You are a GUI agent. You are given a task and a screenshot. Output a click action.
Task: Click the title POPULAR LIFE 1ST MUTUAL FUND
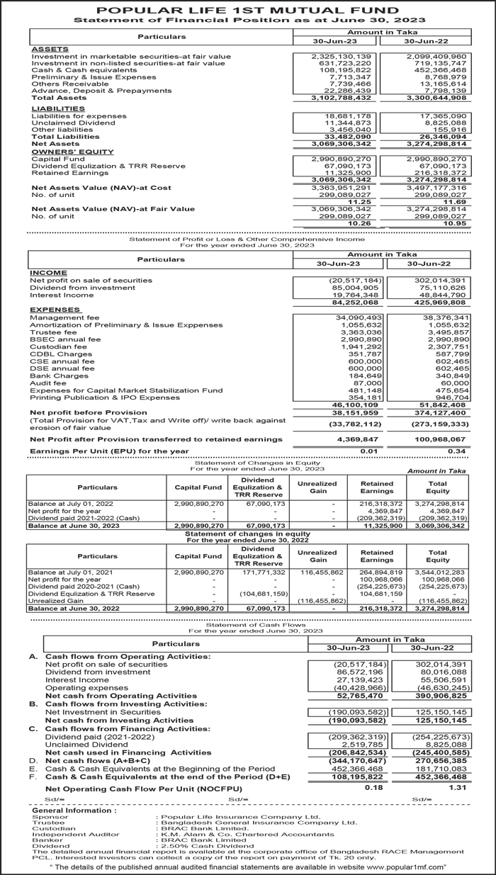click(x=247, y=10)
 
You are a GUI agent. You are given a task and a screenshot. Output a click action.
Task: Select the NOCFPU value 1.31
click(x=456, y=787)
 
